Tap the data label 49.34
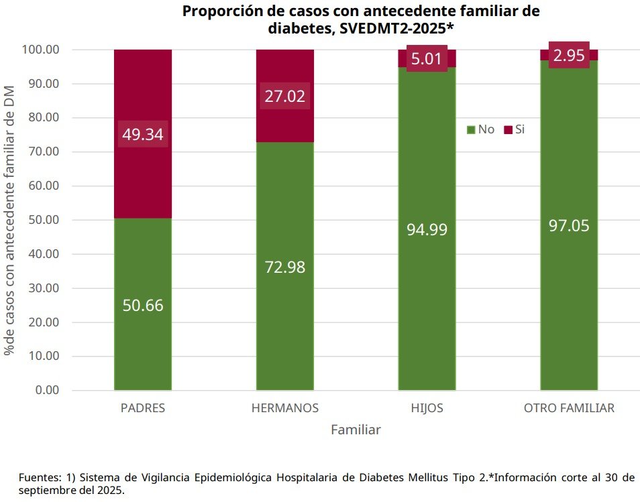(x=142, y=134)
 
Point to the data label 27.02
(x=285, y=97)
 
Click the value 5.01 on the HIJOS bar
(x=427, y=59)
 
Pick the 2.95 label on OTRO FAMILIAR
(x=569, y=55)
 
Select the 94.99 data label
(x=427, y=229)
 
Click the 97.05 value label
(x=569, y=225)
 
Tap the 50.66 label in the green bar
(x=143, y=305)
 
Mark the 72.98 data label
(x=285, y=267)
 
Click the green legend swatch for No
(x=471, y=129)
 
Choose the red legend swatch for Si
(x=508, y=129)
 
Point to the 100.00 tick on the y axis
(x=41, y=50)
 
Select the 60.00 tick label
(x=44, y=186)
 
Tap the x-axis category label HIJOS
(x=427, y=408)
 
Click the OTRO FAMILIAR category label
(x=569, y=408)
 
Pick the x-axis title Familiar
(x=356, y=430)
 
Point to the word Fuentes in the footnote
(x=39, y=478)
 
